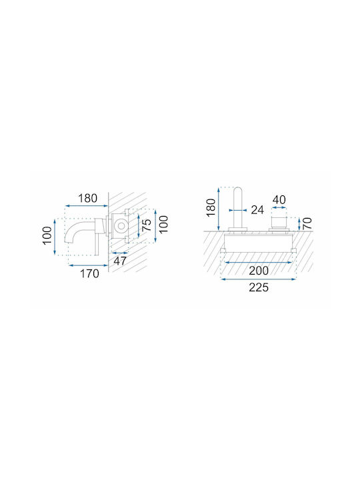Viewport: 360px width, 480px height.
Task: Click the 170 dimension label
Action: tap(90, 273)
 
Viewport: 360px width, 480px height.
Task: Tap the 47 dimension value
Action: tap(120, 261)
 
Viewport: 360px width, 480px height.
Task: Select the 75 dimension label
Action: tap(147, 225)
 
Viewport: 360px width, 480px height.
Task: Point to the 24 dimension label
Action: tap(257, 210)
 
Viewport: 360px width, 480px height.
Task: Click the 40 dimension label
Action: tap(279, 200)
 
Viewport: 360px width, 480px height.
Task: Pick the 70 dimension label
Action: tap(307, 223)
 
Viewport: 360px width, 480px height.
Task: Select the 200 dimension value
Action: tap(259, 271)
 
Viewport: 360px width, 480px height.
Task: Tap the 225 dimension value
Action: tap(259, 287)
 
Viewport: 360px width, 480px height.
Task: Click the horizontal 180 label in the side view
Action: tap(87, 199)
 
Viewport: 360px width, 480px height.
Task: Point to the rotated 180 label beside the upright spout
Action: tap(211, 208)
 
